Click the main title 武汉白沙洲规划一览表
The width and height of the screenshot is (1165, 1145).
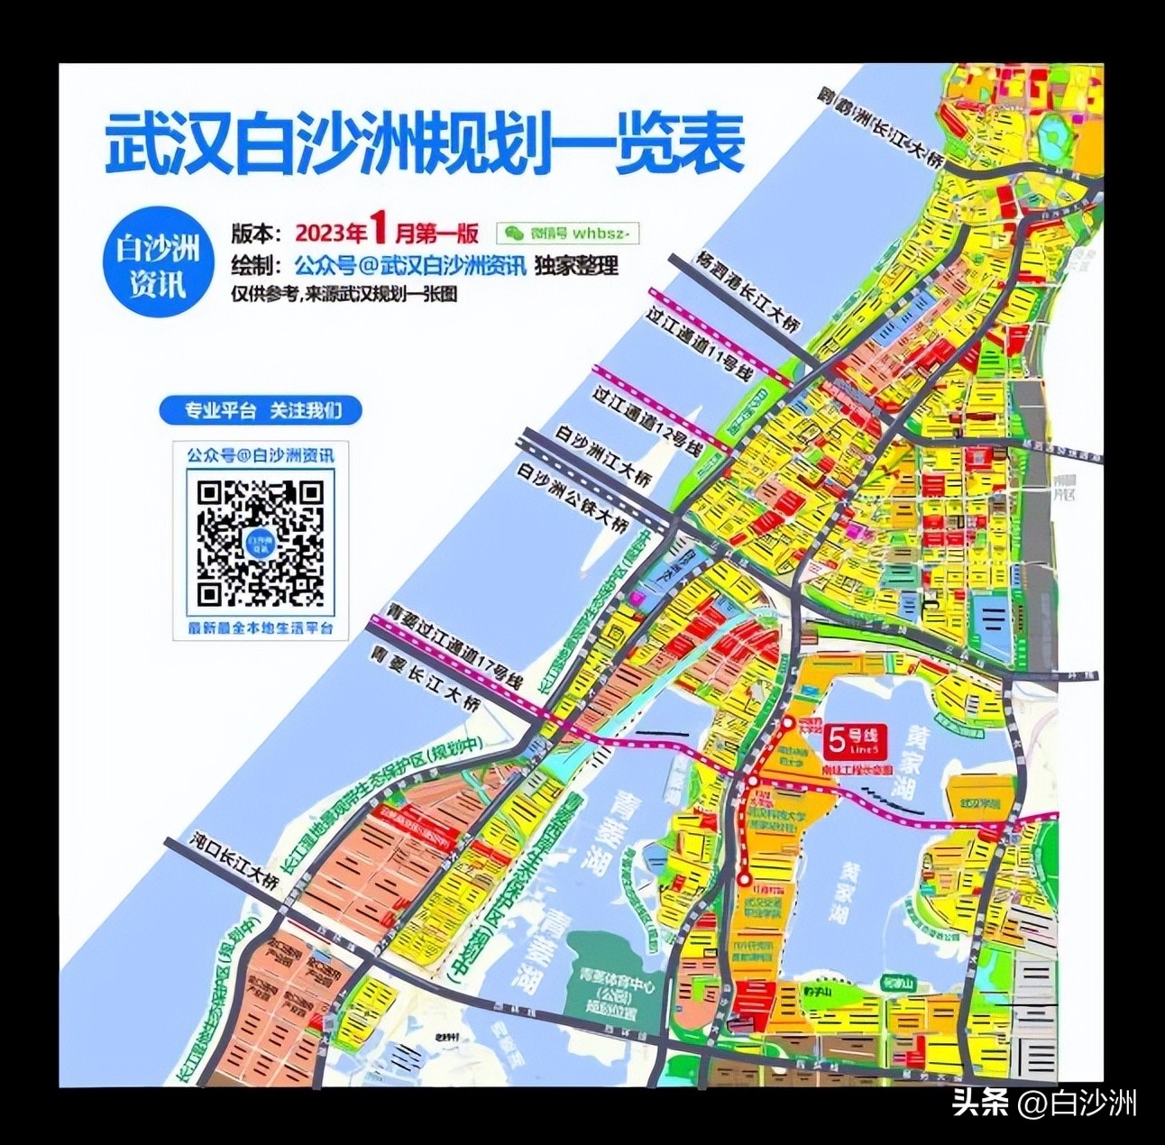tap(424, 142)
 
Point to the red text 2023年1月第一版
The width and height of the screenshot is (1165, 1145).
tap(387, 233)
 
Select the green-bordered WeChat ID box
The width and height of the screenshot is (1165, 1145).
tap(568, 233)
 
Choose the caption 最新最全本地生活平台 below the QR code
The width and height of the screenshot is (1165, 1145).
tap(261, 627)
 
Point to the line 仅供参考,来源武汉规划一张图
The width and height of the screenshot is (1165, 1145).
tap(345, 293)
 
